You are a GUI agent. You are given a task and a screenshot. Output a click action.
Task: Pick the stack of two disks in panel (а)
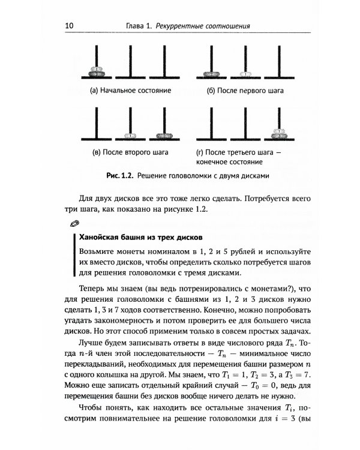point(96,71)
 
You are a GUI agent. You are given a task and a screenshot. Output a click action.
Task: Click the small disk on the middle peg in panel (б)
point(247,74)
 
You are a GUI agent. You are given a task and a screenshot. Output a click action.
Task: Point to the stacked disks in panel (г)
point(278,133)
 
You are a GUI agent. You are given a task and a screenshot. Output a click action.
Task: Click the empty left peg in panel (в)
point(96,123)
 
